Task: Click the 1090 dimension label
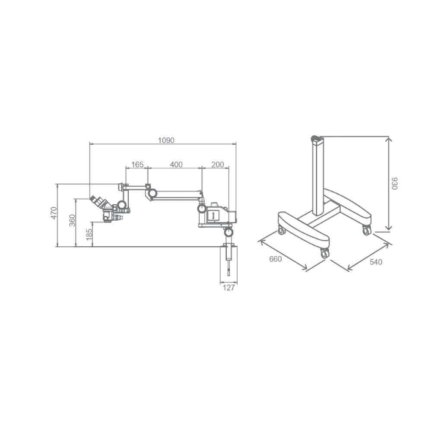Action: (166, 140)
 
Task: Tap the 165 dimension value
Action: (137, 165)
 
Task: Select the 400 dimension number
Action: (176, 165)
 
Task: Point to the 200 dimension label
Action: (218, 165)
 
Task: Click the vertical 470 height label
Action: (54, 213)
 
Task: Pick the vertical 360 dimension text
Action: (72, 220)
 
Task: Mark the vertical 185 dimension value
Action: (89, 235)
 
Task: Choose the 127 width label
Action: (229, 288)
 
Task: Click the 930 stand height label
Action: (394, 184)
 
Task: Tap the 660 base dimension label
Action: (276, 259)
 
